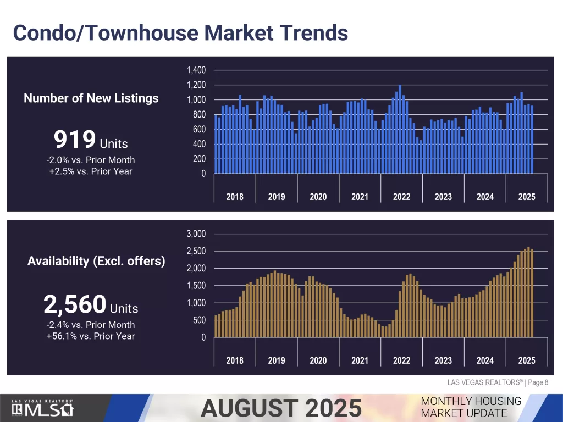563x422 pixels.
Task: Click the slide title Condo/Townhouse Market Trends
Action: click(x=180, y=32)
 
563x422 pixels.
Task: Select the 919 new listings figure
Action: click(x=74, y=140)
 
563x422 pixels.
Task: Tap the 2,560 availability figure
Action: click(x=74, y=304)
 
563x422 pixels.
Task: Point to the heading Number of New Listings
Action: click(x=91, y=98)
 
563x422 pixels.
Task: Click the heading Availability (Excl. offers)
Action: click(x=96, y=261)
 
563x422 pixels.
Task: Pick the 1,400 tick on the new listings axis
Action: click(x=196, y=70)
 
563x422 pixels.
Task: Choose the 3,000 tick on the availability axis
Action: click(x=196, y=234)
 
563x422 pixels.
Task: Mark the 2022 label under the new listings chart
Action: click(x=401, y=197)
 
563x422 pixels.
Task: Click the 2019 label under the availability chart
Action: click(x=277, y=360)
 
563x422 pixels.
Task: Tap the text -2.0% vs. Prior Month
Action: click(x=91, y=160)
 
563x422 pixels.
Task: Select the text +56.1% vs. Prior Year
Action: click(x=91, y=336)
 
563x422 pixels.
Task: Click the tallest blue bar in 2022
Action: click(x=400, y=129)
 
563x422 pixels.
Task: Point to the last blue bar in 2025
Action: click(x=532, y=140)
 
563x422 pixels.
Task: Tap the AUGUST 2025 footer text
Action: click(x=281, y=408)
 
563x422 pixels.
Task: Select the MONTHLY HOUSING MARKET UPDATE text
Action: click(x=471, y=407)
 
